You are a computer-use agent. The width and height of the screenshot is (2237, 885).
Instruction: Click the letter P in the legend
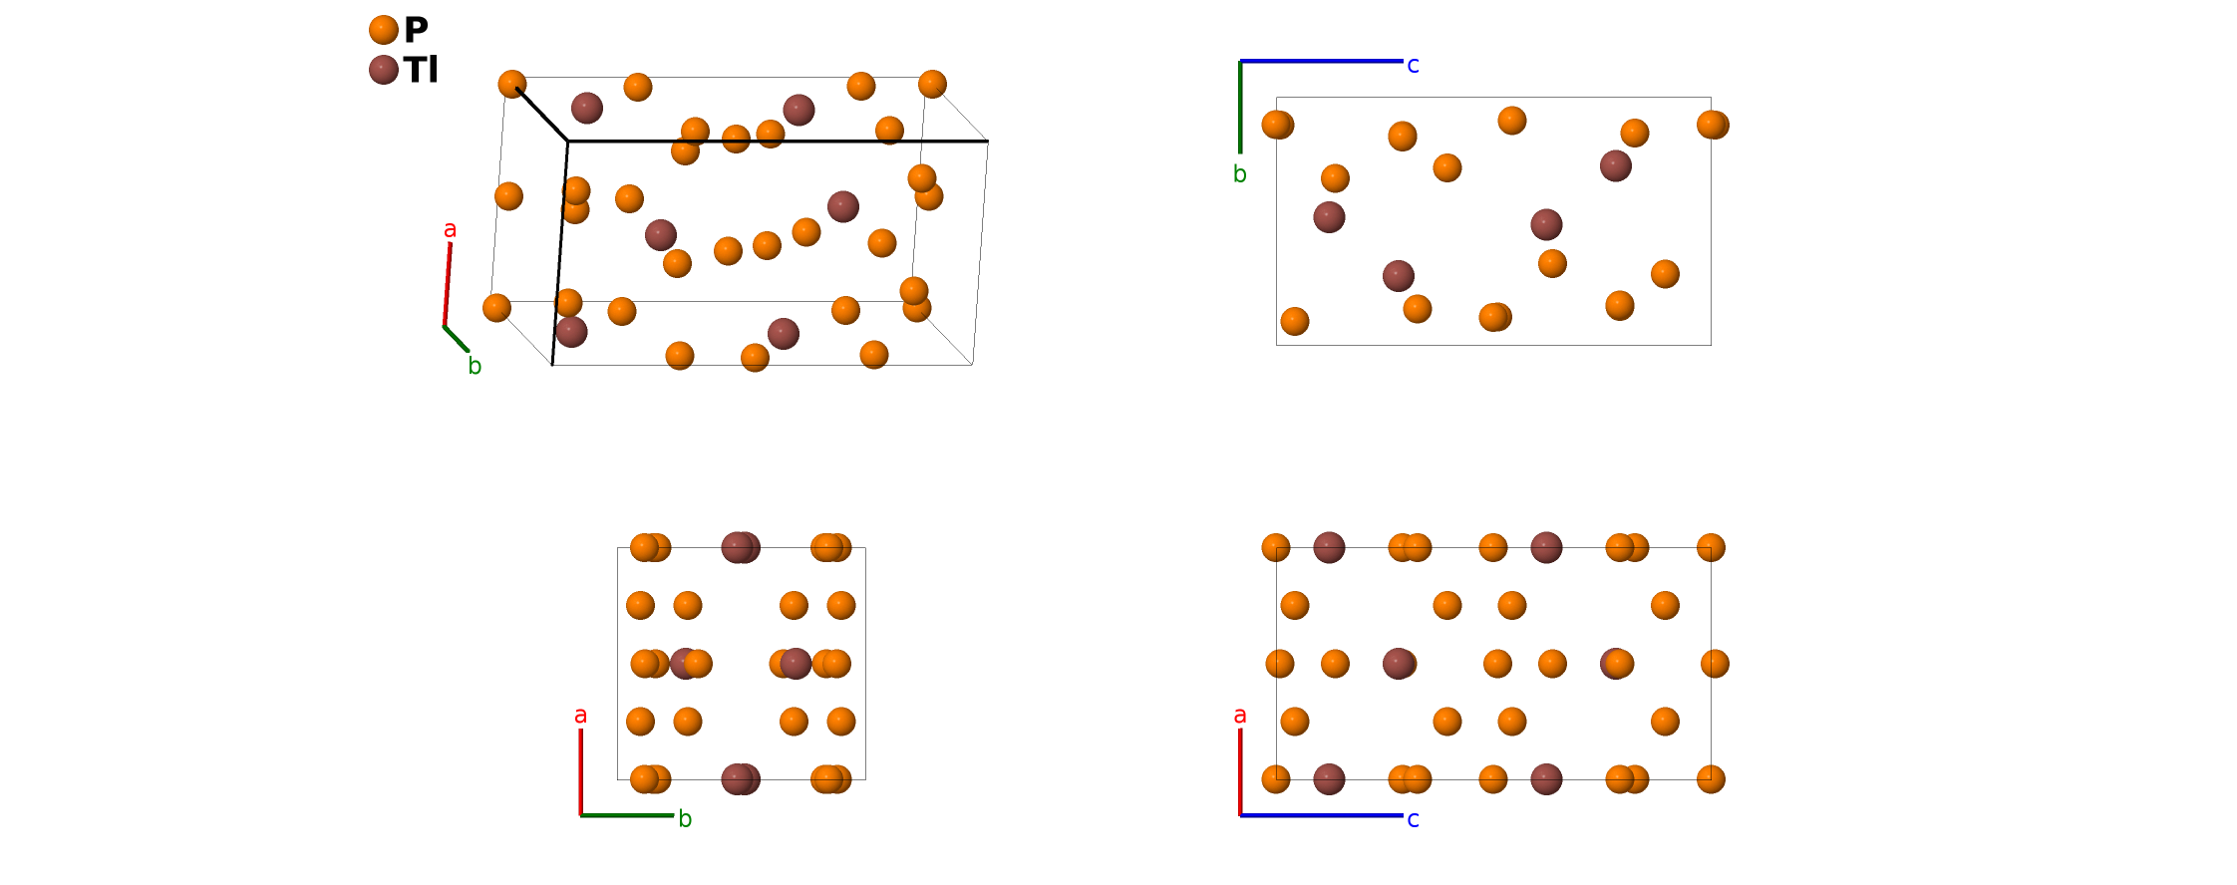pos(416,30)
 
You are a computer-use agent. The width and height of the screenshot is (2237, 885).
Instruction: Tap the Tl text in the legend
pos(421,70)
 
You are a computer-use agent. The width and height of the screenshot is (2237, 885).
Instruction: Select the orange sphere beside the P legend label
pos(384,30)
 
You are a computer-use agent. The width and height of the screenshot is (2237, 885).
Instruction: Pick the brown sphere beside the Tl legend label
pos(384,70)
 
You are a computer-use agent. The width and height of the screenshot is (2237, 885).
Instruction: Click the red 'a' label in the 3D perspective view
pos(450,230)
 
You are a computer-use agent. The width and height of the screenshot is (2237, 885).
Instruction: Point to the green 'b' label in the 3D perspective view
pos(475,367)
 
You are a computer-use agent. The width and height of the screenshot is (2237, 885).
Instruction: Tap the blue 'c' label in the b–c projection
pos(1413,66)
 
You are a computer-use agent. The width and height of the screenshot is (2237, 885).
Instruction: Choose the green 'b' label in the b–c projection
pos(1239,174)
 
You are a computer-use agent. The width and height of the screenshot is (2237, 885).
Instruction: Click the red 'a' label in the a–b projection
pos(580,716)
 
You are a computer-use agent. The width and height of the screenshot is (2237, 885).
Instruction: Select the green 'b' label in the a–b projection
pos(685,819)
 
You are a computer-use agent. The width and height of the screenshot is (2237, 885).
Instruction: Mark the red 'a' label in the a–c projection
pos(1239,716)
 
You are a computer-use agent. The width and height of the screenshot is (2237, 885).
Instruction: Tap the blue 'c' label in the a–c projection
pos(1413,820)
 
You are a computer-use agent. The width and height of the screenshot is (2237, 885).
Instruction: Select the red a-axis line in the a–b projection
pos(581,772)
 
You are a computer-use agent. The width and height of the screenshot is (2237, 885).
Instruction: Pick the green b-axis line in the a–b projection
pos(627,815)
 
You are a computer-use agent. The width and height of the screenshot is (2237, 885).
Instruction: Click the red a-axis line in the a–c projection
pos(1240,772)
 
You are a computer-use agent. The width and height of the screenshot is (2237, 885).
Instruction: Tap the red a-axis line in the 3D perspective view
pos(447,285)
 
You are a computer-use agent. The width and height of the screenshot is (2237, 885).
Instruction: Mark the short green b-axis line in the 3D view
pos(457,339)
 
